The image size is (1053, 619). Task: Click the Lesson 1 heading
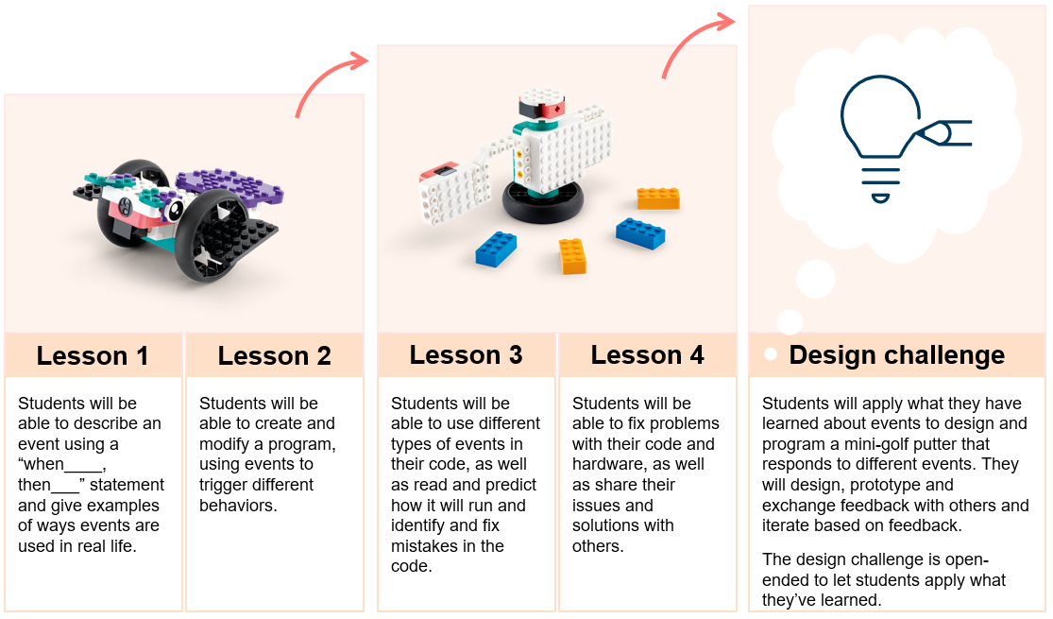(x=93, y=356)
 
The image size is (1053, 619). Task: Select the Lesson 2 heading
(x=274, y=356)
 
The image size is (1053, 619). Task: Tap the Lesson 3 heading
(x=466, y=355)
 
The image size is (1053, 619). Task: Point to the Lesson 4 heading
(x=647, y=355)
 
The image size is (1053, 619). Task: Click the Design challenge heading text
(x=896, y=355)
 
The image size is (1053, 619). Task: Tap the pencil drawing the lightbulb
(x=944, y=132)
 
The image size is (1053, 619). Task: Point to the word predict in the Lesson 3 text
(x=511, y=485)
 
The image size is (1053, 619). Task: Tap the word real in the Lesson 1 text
(x=102, y=546)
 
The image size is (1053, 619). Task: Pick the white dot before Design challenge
(x=771, y=354)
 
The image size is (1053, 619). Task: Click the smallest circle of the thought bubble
(x=790, y=321)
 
